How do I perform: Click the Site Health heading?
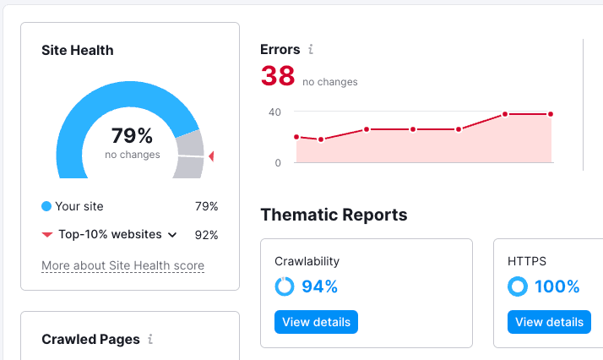tap(78, 50)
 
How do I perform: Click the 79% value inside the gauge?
tap(133, 135)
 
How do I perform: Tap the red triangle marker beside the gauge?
tap(211, 156)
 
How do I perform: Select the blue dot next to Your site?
tap(46, 206)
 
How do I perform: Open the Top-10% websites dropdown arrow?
tap(172, 235)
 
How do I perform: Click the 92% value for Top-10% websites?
tap(206, 235)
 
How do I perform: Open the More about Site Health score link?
tap(122, 265)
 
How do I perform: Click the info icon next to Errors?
tap(311, 50)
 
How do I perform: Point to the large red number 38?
tap(278, 76)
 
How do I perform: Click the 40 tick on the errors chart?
tap(274, 112)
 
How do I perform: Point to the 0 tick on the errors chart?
tap(278, 162)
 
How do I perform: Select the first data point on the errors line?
tap(296, 136)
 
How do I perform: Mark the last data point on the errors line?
tap(551, 114)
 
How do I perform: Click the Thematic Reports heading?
tap(334, 215)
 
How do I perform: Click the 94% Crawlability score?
tap(319, 286)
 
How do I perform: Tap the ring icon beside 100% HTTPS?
tap(517, 286)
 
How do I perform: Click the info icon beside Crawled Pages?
tap(150, 339)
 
